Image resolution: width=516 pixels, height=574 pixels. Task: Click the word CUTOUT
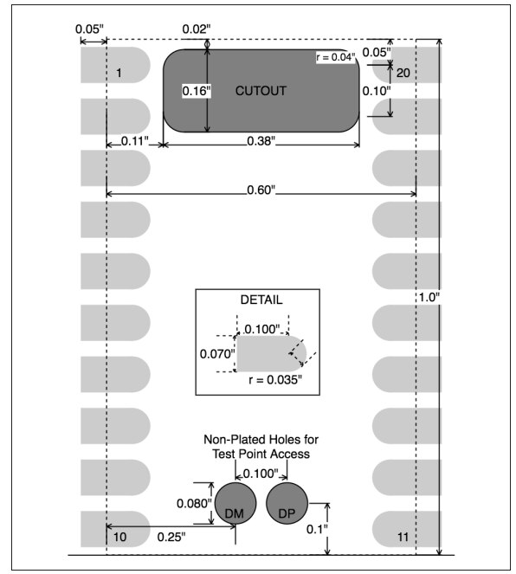261,91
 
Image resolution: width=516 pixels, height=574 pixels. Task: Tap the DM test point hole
235,503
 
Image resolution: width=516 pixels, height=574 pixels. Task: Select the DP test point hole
287,503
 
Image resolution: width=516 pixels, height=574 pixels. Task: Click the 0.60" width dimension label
261,190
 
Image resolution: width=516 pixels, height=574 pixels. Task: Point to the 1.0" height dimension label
429,297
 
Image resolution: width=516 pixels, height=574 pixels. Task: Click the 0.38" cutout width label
261,141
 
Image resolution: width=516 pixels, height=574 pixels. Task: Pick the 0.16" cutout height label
197,91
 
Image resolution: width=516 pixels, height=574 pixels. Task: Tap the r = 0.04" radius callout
336,57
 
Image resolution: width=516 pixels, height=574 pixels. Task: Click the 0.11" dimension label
135,141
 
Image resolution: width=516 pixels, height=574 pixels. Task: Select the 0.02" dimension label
197,29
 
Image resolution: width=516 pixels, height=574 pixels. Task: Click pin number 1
119,73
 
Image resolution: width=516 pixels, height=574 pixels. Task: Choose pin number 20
403,73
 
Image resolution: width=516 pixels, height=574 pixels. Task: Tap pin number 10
119,537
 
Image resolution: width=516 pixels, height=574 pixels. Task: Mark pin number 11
403,537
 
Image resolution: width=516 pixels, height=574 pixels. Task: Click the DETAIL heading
261,300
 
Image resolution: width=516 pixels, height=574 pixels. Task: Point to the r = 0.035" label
275,379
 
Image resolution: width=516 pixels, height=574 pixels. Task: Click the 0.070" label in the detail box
217,354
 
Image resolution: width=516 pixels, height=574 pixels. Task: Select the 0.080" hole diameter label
194,503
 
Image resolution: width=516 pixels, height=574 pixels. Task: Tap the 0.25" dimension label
171,537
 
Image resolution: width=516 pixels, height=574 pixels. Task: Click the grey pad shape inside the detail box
271,353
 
